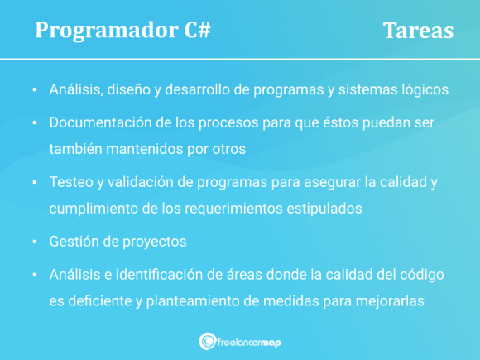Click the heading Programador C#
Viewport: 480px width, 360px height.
point(122,30)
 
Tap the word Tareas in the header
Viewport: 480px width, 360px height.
point(418,30)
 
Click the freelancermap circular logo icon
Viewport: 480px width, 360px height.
point(208,340)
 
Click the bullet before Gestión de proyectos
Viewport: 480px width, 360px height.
point(35,242)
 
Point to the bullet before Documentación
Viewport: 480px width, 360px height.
point(35,122)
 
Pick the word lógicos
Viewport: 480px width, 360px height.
point(423,89)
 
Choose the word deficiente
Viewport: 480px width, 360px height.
point(98,302)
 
